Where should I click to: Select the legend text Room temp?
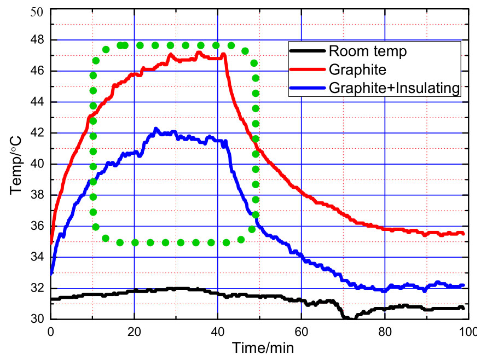pyautogui.click(x=368, y=52)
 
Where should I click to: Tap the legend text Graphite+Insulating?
pyautogui.click(x=394, y=88)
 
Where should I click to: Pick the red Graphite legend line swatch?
pyautogui.click(x=308, y=69)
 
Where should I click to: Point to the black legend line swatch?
pyautogui.click(x=308, y=52)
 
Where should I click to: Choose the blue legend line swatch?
pyautogui.click(x=308, y=88)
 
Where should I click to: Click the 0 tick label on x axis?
pyautogui.click(x=51, y=332)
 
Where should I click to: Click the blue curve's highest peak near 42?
pyautogui.click(x=156, y=129)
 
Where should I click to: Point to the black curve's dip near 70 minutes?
pyautogui.click(x=346, y=318)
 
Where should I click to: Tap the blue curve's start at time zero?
pyautogui.click(x=51, y=272)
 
